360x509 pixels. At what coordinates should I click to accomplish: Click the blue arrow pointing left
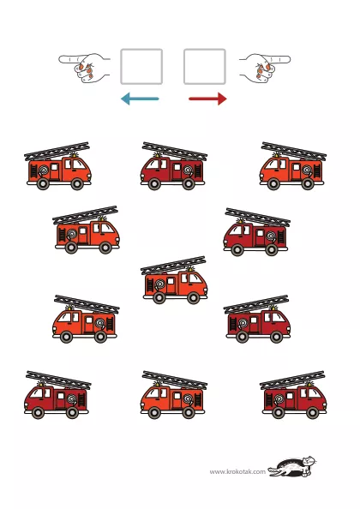140,99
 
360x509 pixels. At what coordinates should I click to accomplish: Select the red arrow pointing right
207,99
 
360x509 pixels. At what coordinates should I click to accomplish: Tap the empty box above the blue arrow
141,67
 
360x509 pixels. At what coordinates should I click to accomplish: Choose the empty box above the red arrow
205,67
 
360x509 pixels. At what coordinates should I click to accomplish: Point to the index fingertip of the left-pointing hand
61,59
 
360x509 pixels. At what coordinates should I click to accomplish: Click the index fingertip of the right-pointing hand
288,59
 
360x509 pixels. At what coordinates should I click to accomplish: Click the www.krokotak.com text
237,471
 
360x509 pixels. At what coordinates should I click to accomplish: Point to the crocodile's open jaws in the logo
273,471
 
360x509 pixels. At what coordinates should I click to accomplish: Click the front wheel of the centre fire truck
193,297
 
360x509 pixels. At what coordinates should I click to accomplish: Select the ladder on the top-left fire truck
57,152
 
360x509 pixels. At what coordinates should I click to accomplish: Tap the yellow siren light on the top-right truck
276,154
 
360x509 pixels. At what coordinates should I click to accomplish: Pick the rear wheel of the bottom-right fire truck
279,412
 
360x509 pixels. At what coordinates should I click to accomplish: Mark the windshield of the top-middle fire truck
152,165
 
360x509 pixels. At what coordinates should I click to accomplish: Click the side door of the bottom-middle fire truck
177,400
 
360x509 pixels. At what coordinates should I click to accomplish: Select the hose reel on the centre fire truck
159,284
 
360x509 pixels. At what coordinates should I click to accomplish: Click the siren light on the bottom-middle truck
157,384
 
